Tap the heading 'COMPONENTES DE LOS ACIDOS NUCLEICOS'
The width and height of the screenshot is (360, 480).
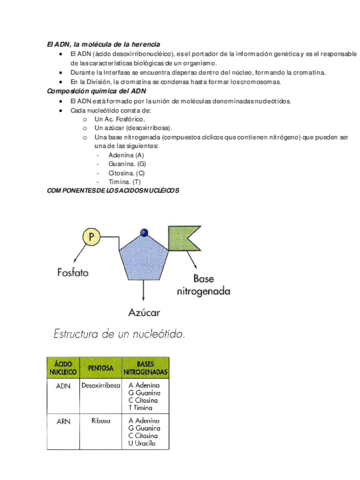(113, 189)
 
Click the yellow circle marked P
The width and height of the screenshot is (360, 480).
(92, 237)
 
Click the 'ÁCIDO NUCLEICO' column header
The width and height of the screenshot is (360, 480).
(63, 369)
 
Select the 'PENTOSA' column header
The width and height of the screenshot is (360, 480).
(100, 369)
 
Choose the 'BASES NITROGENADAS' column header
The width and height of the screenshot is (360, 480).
(145, 369)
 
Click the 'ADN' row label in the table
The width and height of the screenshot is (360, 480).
(63, 385)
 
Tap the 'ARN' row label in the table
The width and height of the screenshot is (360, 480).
(63, 421)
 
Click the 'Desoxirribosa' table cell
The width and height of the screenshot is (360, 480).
(101, 385)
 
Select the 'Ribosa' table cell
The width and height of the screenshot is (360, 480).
(101, 421)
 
